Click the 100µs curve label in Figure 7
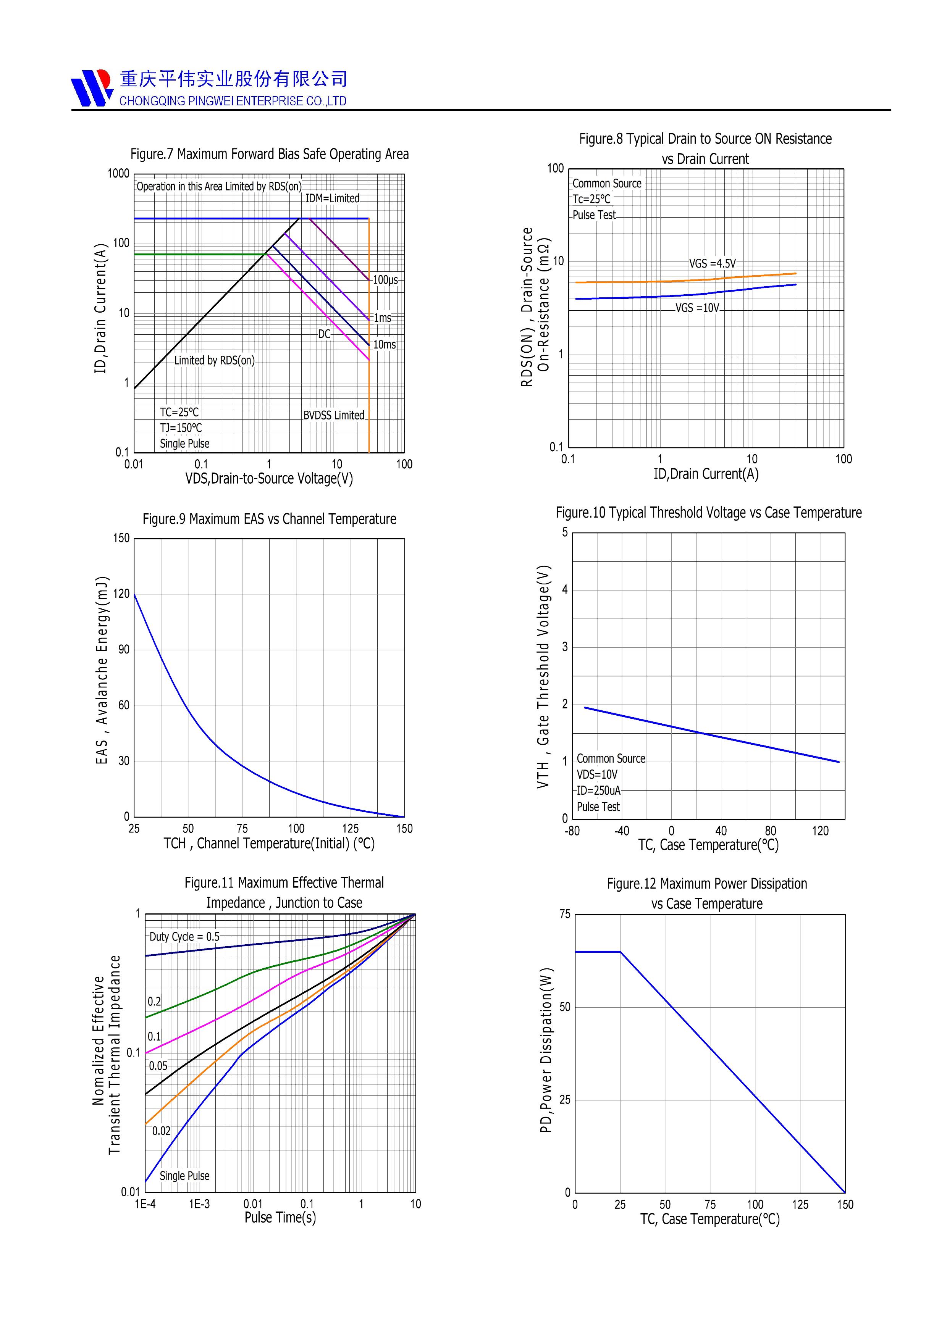385,280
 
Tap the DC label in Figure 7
325,334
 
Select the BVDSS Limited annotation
334,415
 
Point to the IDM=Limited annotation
333,198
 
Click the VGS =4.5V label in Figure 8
713,264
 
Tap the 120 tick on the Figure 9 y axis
121,594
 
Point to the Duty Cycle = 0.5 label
184,937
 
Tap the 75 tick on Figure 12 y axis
565,914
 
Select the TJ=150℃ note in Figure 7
181,428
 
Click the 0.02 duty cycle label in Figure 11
162,1131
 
